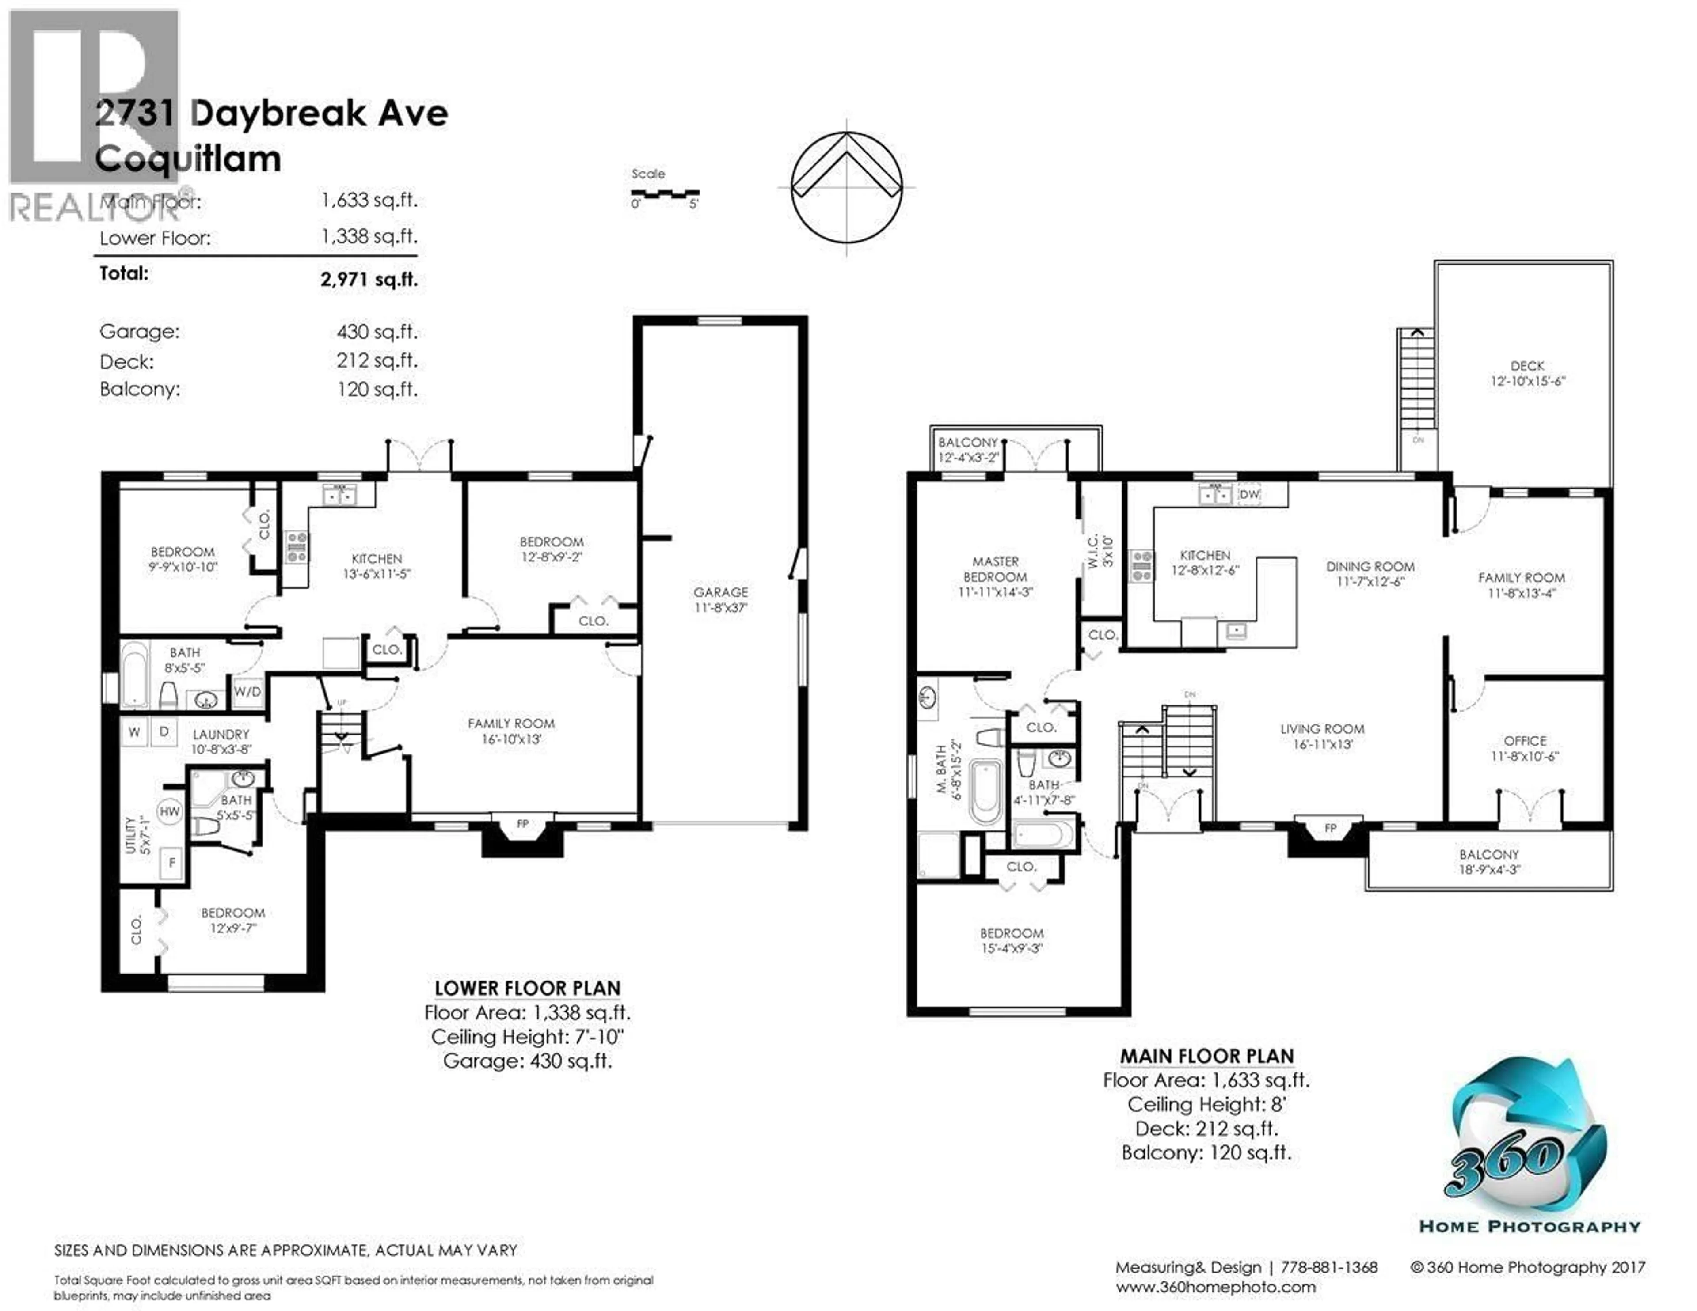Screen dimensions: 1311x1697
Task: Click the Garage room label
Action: pos(720,599)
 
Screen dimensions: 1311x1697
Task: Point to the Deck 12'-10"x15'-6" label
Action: pos(1527,373)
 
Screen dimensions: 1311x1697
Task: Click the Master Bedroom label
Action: pos(995,576)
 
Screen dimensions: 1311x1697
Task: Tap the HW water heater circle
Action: pos(169,811)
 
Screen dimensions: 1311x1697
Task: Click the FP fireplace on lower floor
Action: pos(522,825)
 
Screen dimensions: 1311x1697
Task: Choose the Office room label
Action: pos(1525,748)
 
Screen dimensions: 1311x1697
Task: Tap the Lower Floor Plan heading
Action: pos(528,988)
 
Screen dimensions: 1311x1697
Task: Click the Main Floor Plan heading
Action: pos(1207,1056)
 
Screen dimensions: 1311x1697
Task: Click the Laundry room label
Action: pos(221,741)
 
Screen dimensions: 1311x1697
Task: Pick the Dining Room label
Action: pos(1370,574)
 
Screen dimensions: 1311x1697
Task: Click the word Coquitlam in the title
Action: pos(188,159)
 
